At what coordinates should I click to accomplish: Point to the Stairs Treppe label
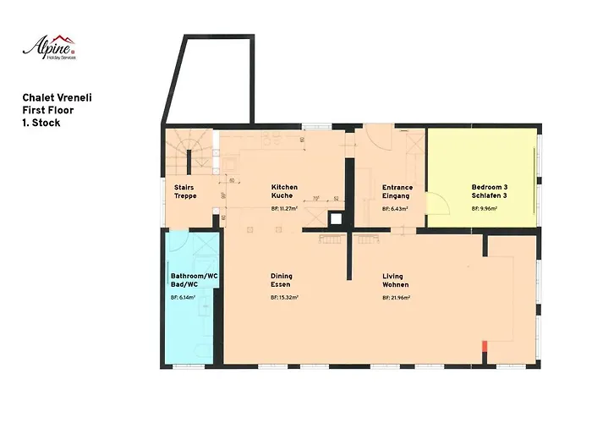pos(185,191)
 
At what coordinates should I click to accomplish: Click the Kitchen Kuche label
pos(284,191)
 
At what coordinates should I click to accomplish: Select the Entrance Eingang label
pos(397,191)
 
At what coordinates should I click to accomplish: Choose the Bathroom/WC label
pos(195,281)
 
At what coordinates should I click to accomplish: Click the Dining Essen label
pos(282,281)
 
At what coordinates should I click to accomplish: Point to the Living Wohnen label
pos(392,281)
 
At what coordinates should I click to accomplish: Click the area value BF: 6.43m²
pos(395,208)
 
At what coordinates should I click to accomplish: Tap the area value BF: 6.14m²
pos(183,298)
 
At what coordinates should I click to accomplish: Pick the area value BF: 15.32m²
pos(285,298)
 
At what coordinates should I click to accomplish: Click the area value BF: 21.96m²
pos(397,298)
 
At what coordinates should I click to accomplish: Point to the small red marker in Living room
pos(485,345)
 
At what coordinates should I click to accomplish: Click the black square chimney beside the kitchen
pos(337,218)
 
